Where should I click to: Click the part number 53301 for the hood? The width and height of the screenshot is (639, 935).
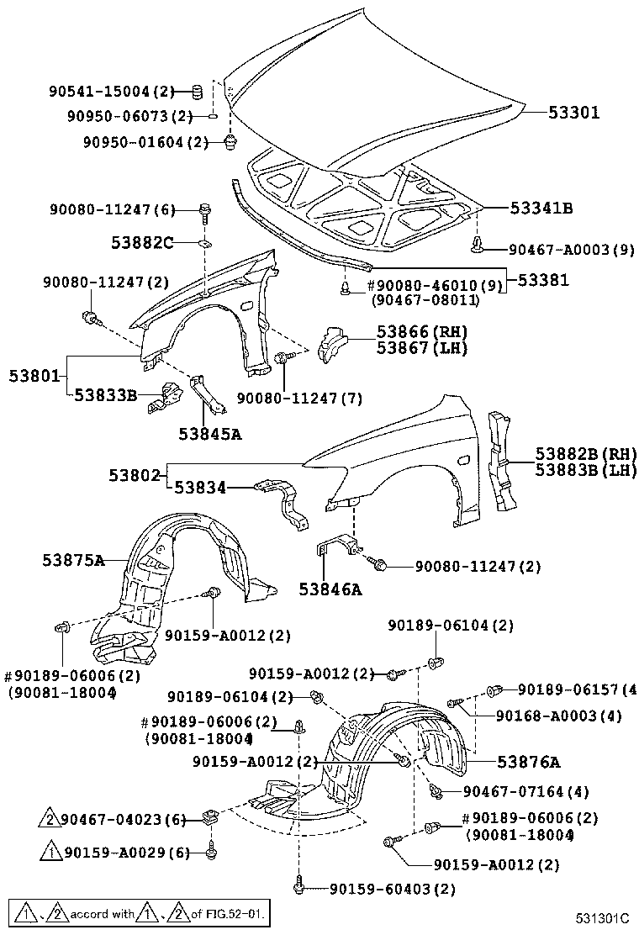(x=574, y=112)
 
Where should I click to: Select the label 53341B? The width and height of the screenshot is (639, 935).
(x=540, y=209)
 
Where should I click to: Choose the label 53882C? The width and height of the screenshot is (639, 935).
(x=142, y=243)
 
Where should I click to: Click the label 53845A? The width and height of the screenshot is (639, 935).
(x=209, y=434)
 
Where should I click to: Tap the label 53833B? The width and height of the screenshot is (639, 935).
(x=105, y=394)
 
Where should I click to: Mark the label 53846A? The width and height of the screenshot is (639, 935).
(x=330, y=589)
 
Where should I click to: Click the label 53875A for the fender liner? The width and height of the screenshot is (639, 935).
(x=74, y=560)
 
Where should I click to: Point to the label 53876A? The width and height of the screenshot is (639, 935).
(x=528, y=762)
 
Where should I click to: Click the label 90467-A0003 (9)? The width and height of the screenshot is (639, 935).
(x=571, y=249)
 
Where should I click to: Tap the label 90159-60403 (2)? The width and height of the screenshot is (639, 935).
(x=392, y=888)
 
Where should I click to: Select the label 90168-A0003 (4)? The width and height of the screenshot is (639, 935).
(x=557, y=716)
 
